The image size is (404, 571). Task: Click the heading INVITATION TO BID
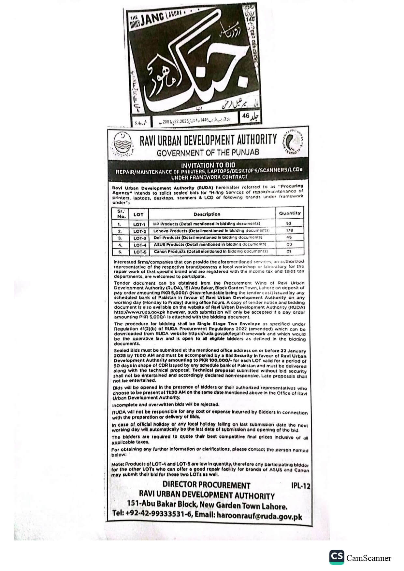tap(208, 165)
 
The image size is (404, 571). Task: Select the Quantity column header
tap(290, 213)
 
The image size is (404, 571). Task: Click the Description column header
tap(207, 214)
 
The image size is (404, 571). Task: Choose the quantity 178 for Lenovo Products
tap(289, 230)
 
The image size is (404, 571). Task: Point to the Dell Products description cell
tap(208, 238)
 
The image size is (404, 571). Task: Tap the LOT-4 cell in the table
tap(140, 245)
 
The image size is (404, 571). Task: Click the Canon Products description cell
tap(210, 251)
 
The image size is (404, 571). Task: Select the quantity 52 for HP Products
tap(289, 224)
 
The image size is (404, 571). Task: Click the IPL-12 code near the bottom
tap(300, 486)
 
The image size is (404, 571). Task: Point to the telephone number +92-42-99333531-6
tap(159, 514)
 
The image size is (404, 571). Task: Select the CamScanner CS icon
tap(337, 557)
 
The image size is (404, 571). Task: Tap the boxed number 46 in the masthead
tap(246, 116)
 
